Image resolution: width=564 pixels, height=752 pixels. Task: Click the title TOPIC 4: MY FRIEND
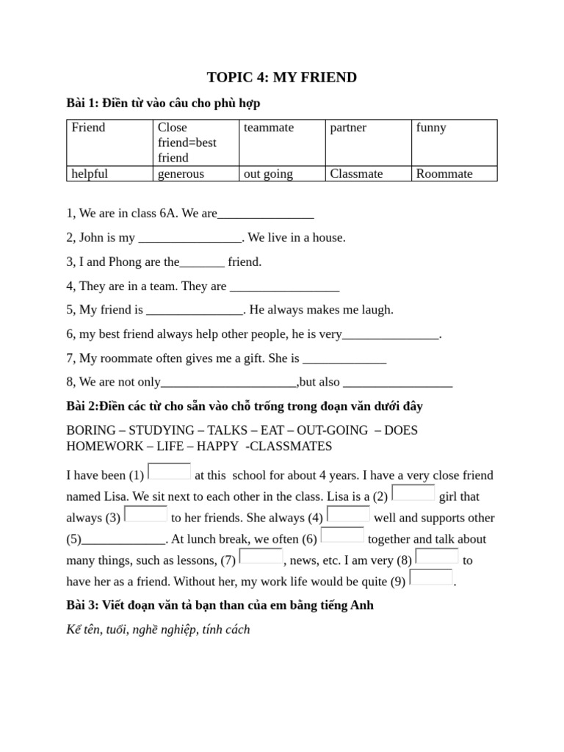click(282, 77)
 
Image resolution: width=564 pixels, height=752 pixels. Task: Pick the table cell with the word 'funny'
click(454, 142)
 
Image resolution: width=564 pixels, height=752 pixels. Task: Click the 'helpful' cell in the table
click(110, 174)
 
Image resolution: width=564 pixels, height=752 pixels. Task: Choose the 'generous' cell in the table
click(196, 174)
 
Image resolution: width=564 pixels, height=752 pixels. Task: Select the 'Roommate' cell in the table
click(454, 174)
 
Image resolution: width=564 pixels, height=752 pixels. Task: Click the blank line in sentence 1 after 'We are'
click(266, 215)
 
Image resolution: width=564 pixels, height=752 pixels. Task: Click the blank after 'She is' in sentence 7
click(344, 360)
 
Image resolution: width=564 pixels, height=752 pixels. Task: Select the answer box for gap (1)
click(170, 471)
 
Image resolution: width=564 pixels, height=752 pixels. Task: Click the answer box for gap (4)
click(349, 513)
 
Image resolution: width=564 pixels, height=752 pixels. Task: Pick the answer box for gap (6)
click(342, 535)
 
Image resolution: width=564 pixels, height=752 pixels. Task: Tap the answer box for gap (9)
click(431, 577)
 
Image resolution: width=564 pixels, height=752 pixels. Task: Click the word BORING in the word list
click(91, 430)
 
